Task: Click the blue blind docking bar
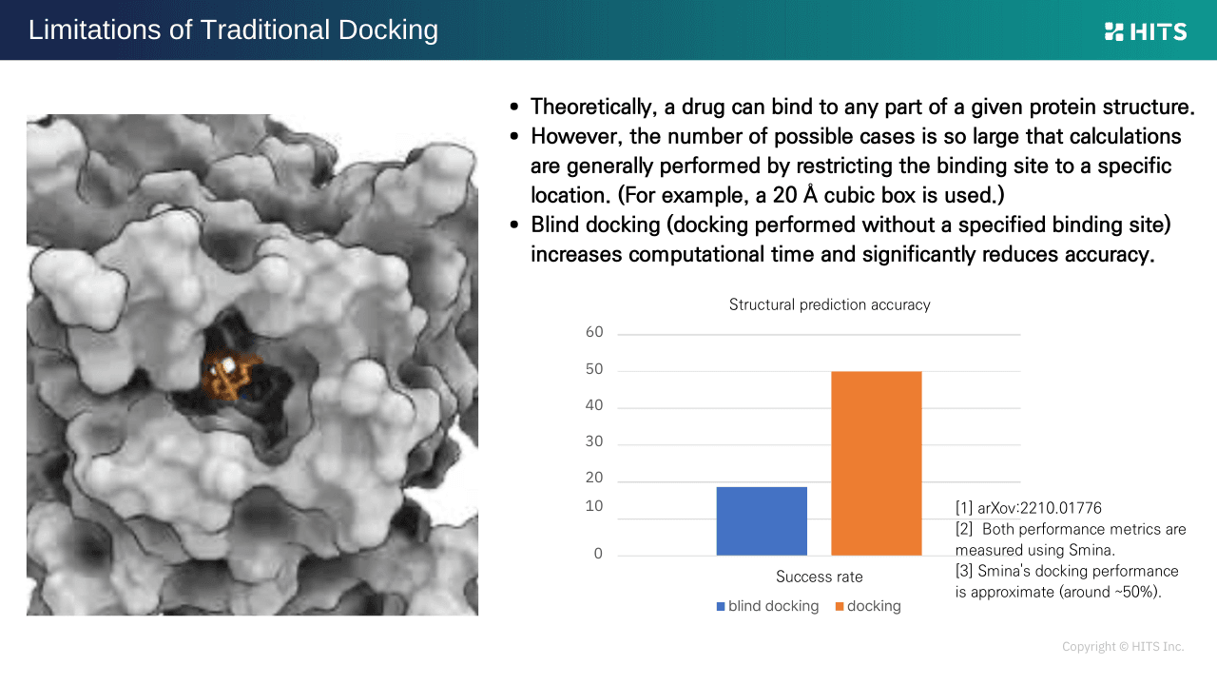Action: point(762,520)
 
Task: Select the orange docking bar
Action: point(877,463)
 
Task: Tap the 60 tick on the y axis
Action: point(594,332)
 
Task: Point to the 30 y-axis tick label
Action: point(594,441)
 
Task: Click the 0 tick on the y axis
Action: point(598,554)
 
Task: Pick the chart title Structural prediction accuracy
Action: point(830,304)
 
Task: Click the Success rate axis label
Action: point(820,577)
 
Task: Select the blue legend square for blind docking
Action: point(721,607)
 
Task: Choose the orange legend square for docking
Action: point(840,607)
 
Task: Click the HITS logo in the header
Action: point(1146,32)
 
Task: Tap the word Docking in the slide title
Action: point(388,30)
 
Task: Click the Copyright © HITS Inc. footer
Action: point(1123,646)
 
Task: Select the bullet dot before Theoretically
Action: point(514,108)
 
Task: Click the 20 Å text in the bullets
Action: point(795,195)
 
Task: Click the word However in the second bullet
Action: point(576,136)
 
